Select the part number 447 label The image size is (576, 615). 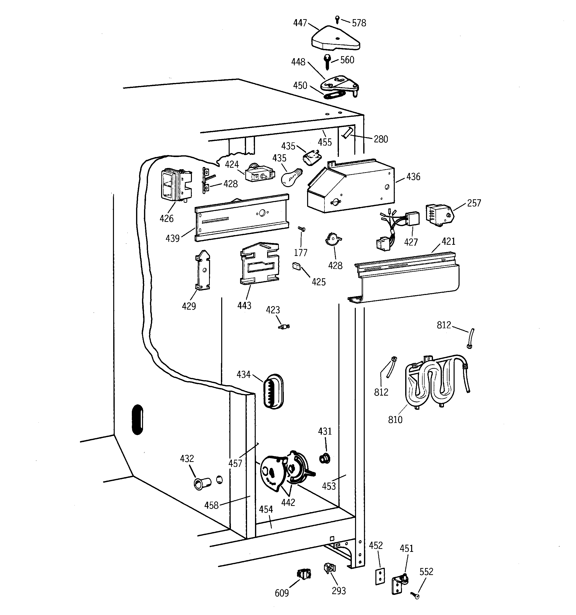(300, 23)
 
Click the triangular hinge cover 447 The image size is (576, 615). (335, 40)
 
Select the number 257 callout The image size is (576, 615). (474, 203)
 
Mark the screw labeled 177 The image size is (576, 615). (301, 229)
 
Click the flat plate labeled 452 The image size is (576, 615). (380, 576)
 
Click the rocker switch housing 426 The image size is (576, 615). (175, 185)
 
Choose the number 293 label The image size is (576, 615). (339, 591)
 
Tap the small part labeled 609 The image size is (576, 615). (304, 574)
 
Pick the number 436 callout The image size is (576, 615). (413, 177)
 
